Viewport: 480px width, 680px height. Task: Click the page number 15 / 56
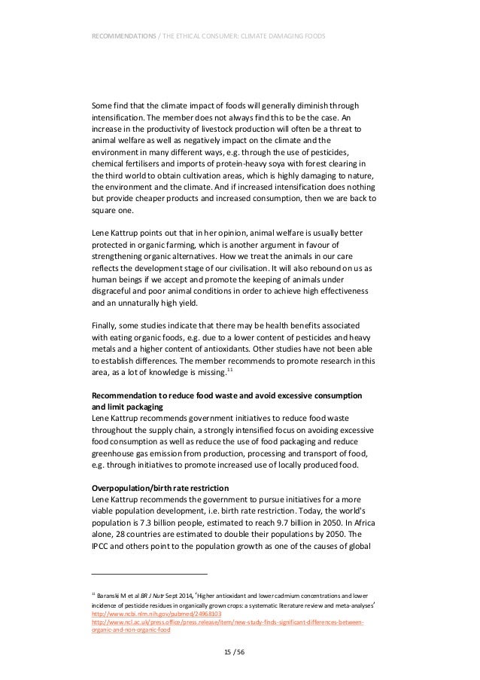pyautogui.click(x=239, y=651)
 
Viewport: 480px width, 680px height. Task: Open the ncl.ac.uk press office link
pyautogui.click(x=226, y=622)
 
